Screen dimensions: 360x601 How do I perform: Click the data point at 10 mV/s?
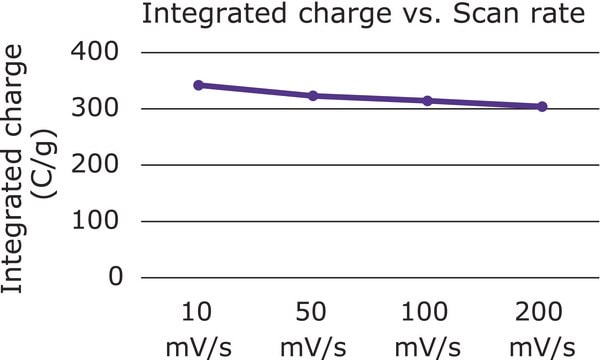point(198,85)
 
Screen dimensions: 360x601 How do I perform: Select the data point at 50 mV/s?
point(313,96)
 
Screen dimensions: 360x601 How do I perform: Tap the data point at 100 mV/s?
point(427,101)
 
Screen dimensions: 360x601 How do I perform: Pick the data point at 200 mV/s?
point(542,106)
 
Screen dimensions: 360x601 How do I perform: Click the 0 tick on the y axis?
point(115,277)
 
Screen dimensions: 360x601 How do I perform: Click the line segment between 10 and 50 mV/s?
point(255,91)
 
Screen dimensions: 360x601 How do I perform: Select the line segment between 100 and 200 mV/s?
point(485,104)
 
